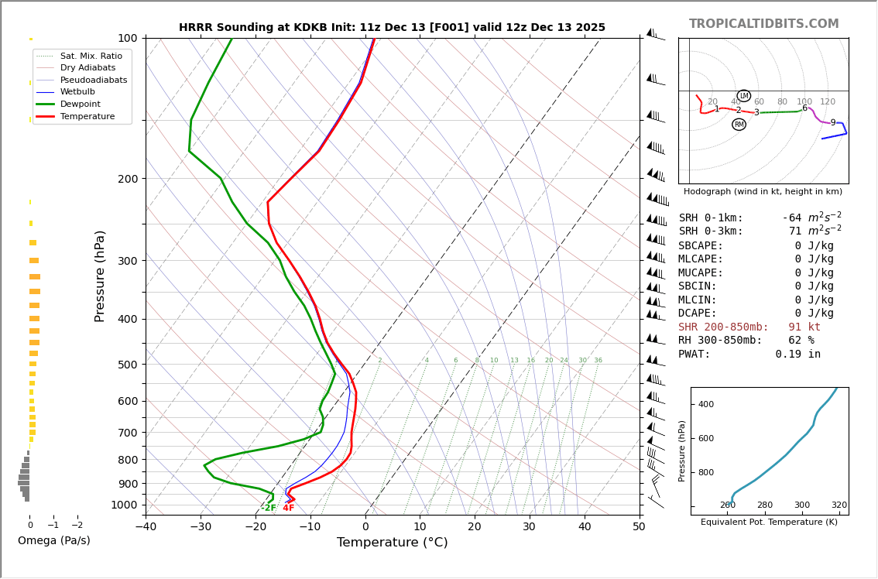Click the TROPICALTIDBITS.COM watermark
point(763,24)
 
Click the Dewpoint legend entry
point(81,104)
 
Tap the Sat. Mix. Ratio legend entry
point(91,56)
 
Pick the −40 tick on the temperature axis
point(146,527)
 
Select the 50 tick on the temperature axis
point(639,527)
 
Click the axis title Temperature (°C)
point(392,543)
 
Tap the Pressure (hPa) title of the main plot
point(101,276)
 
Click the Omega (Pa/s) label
point(53,540)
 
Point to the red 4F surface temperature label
point(288,508)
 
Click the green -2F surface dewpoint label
point(268,508)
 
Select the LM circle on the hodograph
point(743,96)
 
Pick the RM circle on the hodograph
point(739,125)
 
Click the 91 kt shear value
point(804,327)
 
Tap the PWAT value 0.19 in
point(797,355)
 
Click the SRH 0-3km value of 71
point(795,231)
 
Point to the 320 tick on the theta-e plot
point(839,505)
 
